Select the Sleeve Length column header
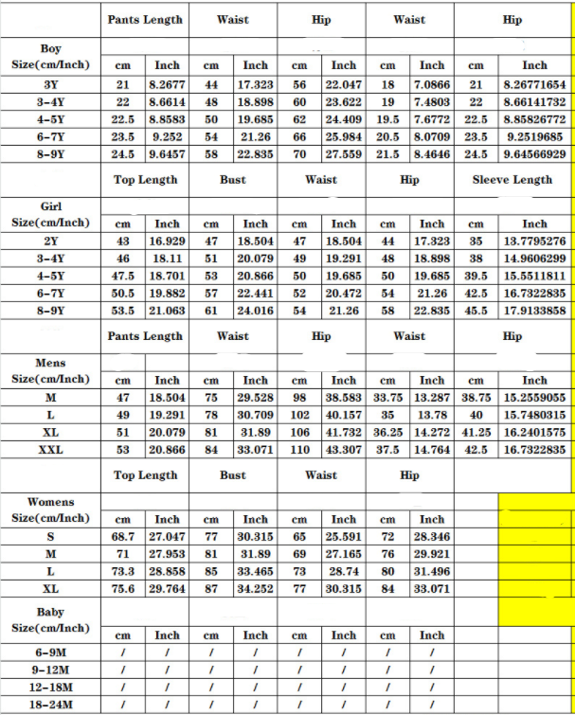512,179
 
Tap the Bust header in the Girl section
233,179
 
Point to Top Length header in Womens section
145,475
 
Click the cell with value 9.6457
167,153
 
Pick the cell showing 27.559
344,153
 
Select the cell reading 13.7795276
534,241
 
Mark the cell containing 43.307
344,450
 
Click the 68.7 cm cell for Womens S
123,537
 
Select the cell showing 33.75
387,398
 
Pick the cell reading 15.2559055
534,398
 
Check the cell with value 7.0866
432,84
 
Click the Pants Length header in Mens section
145,336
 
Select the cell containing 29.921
432,554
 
